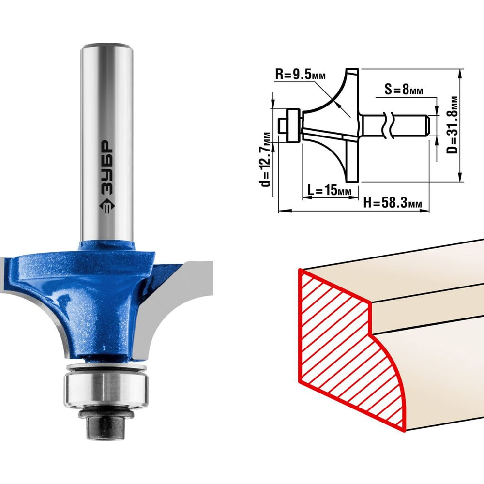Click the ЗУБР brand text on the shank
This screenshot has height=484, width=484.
point(107,167)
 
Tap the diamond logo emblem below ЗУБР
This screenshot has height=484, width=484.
point(107,205)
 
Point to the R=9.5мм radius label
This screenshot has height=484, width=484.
point(301,74)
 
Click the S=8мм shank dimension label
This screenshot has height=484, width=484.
point(404,89)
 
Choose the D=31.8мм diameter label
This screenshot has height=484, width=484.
point(453,125)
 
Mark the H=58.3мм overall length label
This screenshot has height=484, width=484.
point(393,203)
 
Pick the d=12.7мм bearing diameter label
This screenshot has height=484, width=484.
point(265,160)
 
